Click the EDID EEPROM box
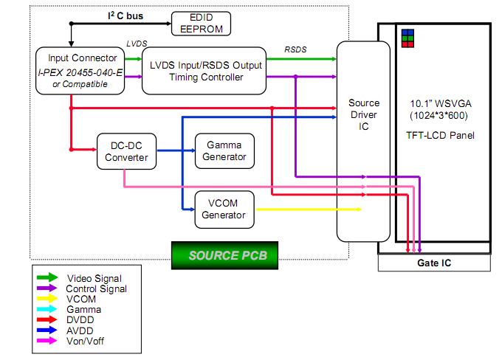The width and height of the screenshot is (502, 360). (201, 23)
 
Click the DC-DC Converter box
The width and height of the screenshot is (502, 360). (123, 150)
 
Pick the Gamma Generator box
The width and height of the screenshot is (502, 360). (224, 150)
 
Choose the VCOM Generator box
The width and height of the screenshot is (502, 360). (224, 209)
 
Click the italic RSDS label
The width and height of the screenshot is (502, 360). (296, 49)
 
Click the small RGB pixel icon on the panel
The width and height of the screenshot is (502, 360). (408, 38)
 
